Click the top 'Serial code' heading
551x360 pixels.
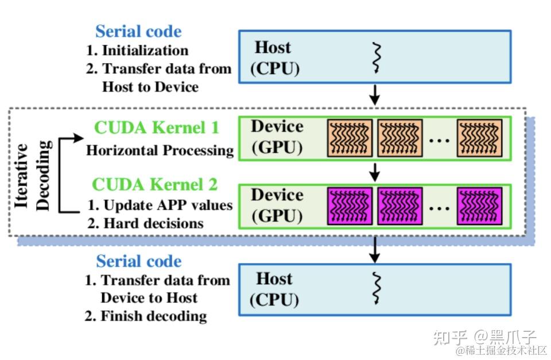point(138,31)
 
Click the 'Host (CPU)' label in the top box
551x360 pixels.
point(274,57)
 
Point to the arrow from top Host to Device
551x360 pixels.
point(375,95)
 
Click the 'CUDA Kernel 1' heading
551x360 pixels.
point(157,127)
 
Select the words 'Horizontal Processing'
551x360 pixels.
point(160,150)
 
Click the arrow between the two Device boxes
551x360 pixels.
point(375,171)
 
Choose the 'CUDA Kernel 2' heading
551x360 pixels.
point(155,184)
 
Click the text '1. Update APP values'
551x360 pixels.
point(160,205)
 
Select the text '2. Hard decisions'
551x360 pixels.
point(145,223)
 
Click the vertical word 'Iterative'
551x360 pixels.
point(22,175)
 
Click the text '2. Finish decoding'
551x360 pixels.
point(146,315)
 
